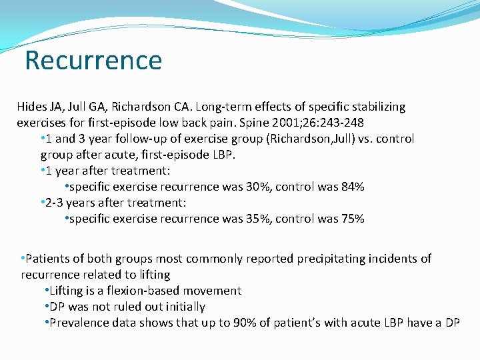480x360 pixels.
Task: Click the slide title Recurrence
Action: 93,60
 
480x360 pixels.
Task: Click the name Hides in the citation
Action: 31,107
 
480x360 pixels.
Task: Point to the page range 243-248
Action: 345,123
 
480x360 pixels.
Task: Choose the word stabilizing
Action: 379,107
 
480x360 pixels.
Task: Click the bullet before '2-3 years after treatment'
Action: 42,203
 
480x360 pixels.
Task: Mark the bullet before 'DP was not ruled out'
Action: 46,307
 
